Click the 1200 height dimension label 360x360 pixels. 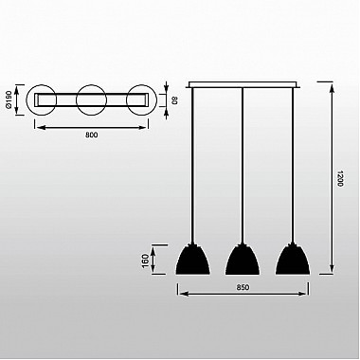click(340, 178)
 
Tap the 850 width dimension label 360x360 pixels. click(243, 287)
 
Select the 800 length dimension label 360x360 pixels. click(92, 135)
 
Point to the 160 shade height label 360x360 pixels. click(146, 261)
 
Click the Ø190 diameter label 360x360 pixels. click(9, 99)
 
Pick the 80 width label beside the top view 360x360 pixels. click(174, 100)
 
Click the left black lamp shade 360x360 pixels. click(192, 259)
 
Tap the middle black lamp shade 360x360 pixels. click(243, 259)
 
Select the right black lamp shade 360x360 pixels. click(293, 259)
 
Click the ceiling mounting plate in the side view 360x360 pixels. click(244, 84)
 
